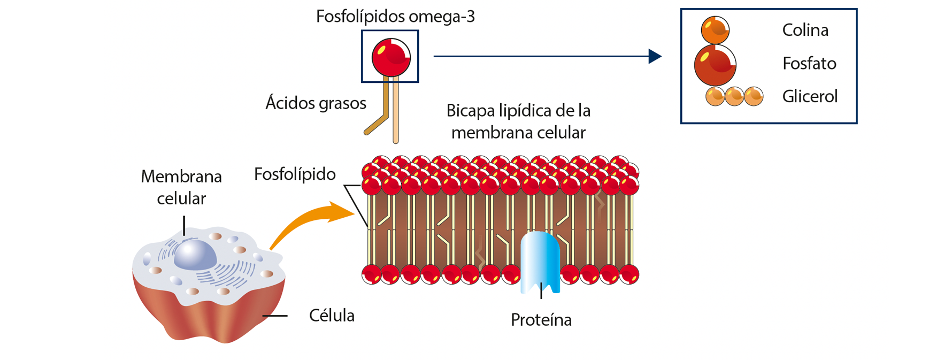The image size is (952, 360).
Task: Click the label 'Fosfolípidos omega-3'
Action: click(x=395, y=17)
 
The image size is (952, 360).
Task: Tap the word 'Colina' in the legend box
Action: click(x=805, y=30)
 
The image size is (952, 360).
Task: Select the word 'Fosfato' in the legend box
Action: click(x=809, y=63)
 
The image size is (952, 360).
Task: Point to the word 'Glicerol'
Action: click(x=810, y=96)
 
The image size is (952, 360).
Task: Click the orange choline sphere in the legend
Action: click(x=715, y=30)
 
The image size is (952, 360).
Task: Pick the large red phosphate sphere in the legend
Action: click(x=715, y=65)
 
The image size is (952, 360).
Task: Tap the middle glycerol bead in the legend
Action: click(x=734, y=96)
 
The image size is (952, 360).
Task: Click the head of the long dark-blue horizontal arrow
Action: click(x=655, y=56)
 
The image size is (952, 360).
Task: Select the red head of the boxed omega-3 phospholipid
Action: click(x=391, y=57)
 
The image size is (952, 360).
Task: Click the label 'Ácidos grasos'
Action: click(x=316, y=103)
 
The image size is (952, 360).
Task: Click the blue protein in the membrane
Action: click(x=540, y=262)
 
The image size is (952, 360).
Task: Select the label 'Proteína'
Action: click(x=541, y=319)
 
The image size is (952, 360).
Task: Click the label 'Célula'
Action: click(x=332, y=315)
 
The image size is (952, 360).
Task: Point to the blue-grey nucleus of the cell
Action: click(x=195, y=255)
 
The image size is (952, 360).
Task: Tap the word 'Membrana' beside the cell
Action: click(x=181, y=176)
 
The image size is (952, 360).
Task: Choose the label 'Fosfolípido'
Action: click(x=295, y=174)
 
